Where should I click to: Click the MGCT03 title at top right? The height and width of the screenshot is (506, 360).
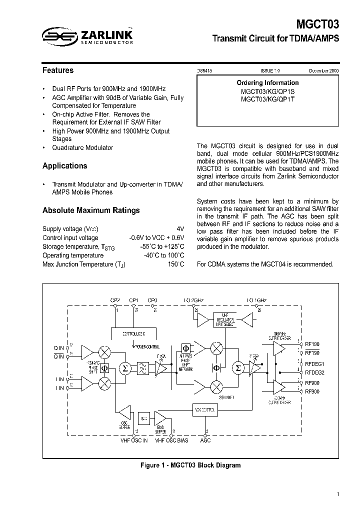point(318,24)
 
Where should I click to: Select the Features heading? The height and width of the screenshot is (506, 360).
point(58,70)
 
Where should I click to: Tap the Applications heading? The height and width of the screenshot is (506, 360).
point(65,166)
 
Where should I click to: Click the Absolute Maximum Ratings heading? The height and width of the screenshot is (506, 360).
point(91,210)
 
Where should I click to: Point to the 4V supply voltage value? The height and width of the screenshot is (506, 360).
point(180,228)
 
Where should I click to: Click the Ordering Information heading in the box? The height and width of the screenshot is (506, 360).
point(267,83)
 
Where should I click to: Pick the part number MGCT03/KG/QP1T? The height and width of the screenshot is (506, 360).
point(267,99)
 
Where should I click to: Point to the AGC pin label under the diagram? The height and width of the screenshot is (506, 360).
point(205,440)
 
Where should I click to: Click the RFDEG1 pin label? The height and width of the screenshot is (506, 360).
point(315,364)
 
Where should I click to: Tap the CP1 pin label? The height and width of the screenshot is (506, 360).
point(133,300)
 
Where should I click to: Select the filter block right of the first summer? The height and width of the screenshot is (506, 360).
point(142,369)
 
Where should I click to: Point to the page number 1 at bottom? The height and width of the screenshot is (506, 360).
point(338,494)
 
